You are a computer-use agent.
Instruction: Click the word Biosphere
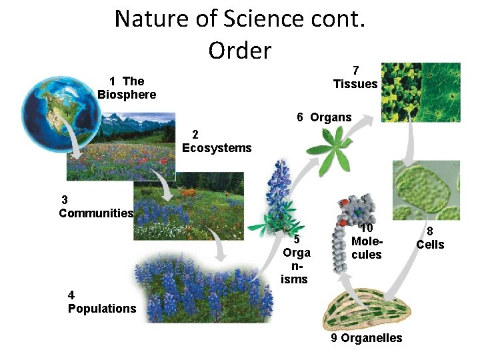(127, 95)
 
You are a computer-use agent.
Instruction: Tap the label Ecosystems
(217, 148)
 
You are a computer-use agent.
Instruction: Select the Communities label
(96, 213)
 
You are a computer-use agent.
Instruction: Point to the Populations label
(102, 309)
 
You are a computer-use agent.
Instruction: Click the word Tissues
(355, 84)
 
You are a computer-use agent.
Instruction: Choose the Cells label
(430, 245)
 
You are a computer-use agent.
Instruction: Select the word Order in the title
(239, 50)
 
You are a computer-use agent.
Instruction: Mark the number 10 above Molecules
(367, 229)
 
